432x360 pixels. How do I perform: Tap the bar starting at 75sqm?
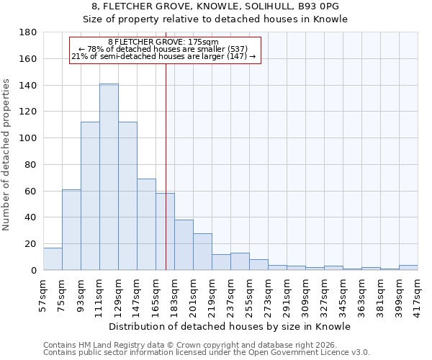pos(71,230)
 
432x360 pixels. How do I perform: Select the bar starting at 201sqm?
pos(202,252)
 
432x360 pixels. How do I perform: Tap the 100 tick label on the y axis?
pos(28,138)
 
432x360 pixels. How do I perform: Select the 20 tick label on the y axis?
pos(31,244)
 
